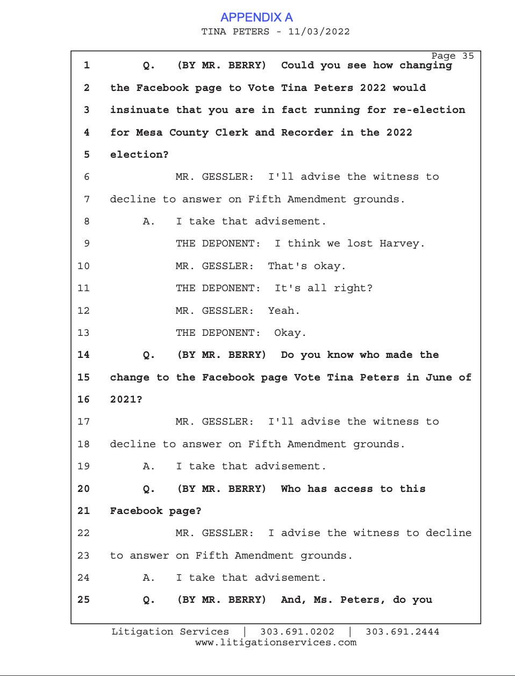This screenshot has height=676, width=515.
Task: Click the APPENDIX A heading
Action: coord(256,17)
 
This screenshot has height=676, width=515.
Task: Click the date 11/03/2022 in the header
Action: coord(319,32)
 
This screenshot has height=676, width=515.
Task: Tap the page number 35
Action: coord(468,56)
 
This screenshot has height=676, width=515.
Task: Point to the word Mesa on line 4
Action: coord(149,132)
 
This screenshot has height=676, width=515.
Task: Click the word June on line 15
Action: coord(439,377)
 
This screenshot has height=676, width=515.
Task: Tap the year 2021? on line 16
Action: coord(126,399)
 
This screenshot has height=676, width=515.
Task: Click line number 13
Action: coord(83,333)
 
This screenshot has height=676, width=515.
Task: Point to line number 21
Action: coord(83,511)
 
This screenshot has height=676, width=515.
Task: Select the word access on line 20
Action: coord(353,489)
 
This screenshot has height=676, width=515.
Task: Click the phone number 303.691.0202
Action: coord(297,632)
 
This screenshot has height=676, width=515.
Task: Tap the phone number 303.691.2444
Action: coord(403,632)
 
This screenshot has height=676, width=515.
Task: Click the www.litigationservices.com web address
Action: coord(276,643)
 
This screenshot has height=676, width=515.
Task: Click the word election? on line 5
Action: coord(139,154)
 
